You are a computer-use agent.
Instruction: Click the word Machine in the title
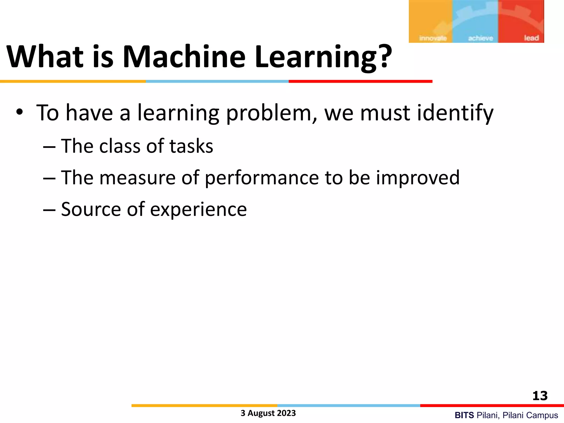[x=184, y=57]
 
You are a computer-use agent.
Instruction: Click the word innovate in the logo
[x=433, y=38]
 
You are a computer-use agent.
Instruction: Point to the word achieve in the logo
[x=481, y=38]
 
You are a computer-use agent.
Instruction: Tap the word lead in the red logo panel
[x=531, y=38]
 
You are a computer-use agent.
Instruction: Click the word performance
[x=262, y=178]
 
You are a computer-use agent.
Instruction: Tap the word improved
[x=418, y=178]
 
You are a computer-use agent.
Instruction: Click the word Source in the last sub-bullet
[x=91, y=209]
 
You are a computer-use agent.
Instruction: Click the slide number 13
[x=540, y=396]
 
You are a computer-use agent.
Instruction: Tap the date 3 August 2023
[x=268, y=413]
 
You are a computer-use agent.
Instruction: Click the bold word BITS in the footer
[x=464, y=415]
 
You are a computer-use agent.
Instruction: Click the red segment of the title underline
[x=360, y=82]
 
